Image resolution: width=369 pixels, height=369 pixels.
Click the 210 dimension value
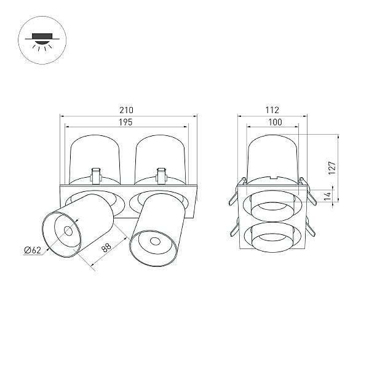(126, 110)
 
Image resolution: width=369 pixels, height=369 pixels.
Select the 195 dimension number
(125, 122)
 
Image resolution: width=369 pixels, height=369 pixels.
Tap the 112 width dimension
(272, 110)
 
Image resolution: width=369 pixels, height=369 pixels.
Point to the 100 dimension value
(275, 122)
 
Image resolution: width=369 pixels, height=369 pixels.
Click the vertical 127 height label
(332, 168)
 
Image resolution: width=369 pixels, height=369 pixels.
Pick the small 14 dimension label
(327, 196)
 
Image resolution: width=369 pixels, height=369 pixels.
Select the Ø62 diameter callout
(33, 250)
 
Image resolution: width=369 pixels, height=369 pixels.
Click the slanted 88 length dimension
(106, 248)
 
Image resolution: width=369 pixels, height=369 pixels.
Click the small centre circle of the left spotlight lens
(68, 231)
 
